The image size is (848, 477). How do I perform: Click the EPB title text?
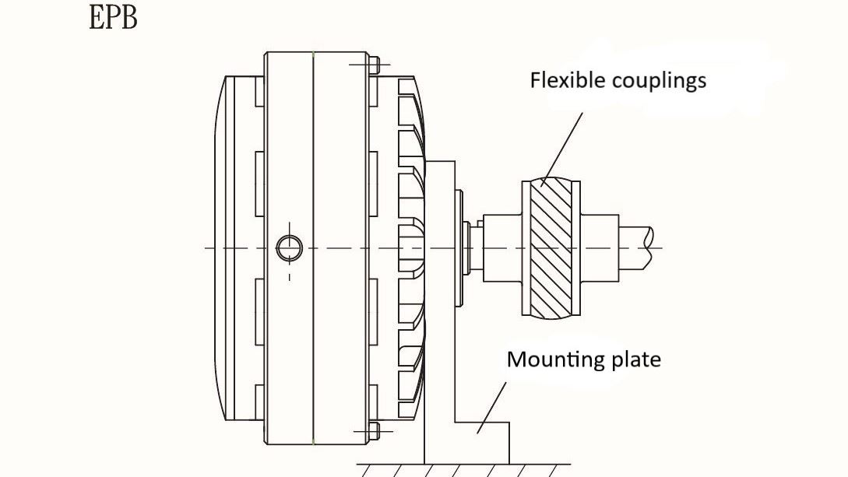tap(114, 17)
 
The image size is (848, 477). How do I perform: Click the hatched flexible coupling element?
tap(551, 248)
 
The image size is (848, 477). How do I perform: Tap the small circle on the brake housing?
tap(289, 248)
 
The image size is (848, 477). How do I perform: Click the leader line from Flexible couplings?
tap(562, 148)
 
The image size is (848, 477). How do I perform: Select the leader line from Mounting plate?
tap(492, 405)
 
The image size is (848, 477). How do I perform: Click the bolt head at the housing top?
tap(373, 64)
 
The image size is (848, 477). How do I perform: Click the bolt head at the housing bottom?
tap(373, 430)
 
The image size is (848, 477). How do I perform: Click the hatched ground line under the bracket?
tap(459, 470)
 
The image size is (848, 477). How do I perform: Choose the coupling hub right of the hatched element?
tap(600, 247)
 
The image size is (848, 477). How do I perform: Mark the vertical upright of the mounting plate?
tap(440, 311)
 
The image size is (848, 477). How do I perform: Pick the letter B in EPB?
tap(128, 17)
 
